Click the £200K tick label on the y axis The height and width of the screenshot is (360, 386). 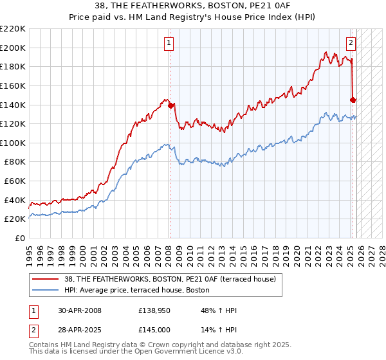point(13,48)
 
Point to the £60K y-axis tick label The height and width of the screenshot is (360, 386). point(15,181)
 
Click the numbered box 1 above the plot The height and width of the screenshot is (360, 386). point(169,43)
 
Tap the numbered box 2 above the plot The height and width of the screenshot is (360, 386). point(351,43)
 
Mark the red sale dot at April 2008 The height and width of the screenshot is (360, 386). point(171,106)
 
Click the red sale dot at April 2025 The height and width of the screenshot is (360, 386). point(353,100)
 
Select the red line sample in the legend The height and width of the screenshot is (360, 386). point(46,279)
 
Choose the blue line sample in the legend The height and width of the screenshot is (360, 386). point(46,290)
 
